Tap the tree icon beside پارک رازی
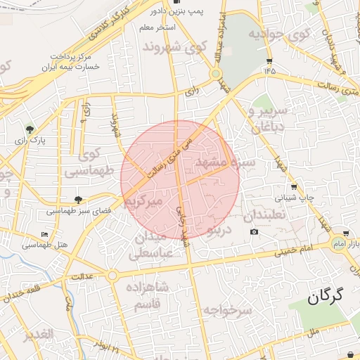tap(30, 129)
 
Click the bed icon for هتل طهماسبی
tap(45, 234)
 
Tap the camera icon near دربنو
tap(254, 232)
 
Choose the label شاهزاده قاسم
tap(148, 295)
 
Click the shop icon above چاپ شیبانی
tap(293, 187)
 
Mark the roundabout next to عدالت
tap(112, 276)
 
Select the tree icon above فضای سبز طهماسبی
tap(78, 200)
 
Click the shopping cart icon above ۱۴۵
tap(268, 60)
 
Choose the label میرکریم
tap(143, 201)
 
